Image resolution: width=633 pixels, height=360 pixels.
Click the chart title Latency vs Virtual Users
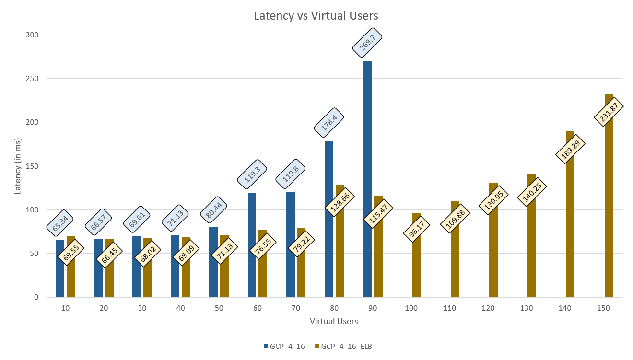(x=316, y=16)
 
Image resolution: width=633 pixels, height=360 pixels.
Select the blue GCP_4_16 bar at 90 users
(x=367, y=182)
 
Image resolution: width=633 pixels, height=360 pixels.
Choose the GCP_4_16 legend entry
(x=284, y=347)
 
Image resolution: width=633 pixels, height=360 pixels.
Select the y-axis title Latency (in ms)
(x=18, y=166)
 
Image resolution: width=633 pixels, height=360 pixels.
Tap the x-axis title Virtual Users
(x=334, y=321)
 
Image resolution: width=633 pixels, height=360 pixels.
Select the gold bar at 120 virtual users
(x=493, y=240)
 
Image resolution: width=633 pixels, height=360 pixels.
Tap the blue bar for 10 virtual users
(x=60, y=268)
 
